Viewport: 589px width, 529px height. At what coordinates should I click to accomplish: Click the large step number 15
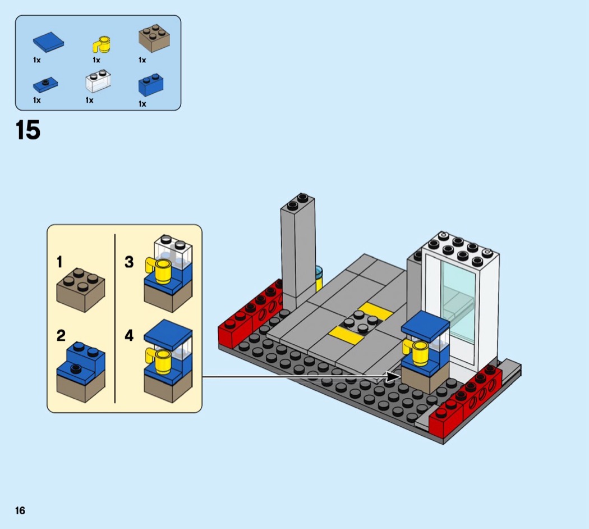[28, 130]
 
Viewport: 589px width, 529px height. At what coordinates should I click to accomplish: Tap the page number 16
[20, 510]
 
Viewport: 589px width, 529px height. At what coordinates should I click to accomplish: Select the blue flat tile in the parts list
[48, 42]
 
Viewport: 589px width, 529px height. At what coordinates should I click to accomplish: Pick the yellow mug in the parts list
[102, 44]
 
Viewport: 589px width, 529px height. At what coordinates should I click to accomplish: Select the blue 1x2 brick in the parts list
[151, 85]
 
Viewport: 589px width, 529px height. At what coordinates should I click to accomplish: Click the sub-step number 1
[59, 262]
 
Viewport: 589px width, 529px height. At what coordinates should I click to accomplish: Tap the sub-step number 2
[61, 336]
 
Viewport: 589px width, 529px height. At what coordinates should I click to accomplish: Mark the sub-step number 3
[129, 262]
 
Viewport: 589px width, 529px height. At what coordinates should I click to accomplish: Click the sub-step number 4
[129, 336]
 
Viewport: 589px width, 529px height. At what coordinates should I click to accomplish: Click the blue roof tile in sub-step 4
[168, 331]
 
